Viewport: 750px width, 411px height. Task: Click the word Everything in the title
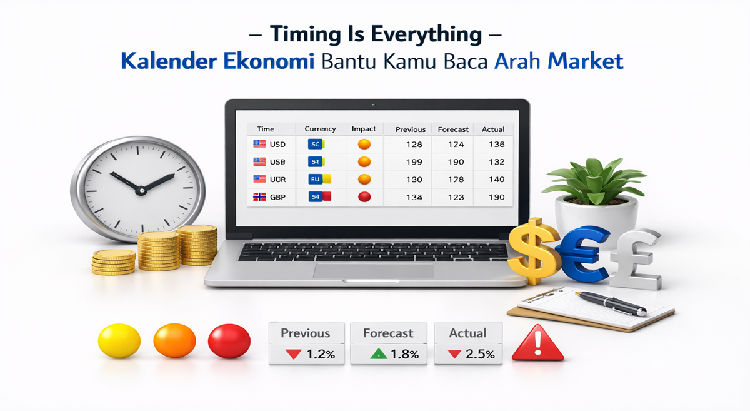(x=426, y=34)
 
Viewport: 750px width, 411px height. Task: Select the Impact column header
(x=364, y=129)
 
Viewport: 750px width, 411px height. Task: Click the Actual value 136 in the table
(x=496, y=144)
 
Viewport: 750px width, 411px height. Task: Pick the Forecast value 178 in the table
(x=456, y=180)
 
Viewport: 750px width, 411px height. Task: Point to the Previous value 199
(x=414, y=162)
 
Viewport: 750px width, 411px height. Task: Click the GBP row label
(x=277, y=197)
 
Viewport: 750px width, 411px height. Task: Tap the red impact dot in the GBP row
(x=364, y=196)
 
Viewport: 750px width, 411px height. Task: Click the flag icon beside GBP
(x=259, y=197)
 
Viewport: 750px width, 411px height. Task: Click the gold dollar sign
(x=534, y=251)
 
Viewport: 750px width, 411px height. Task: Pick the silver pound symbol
(x=635, y=259)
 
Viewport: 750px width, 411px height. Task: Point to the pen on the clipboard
(x=611, y=303)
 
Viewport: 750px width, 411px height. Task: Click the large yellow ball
(x=119, y=340)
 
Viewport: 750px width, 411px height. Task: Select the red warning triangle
(x=537, y=343)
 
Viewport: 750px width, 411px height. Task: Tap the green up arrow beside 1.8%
(x=378, y=354)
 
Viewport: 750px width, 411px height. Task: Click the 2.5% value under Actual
(x=480, y=354)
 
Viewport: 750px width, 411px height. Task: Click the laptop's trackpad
(x=373, y=271)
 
